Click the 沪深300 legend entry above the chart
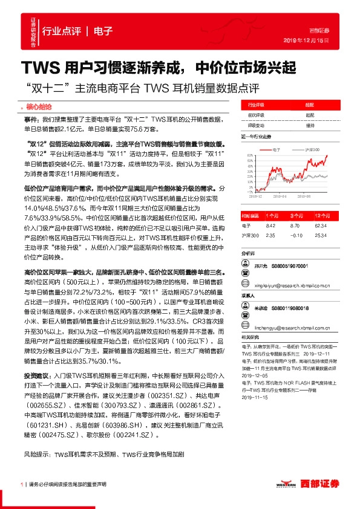click(310, 148)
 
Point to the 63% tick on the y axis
click(250, 155)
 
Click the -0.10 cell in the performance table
click(296, 235)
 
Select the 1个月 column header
click(271, 215)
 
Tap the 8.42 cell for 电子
click(271, 225)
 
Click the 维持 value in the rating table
click(310, 125)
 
